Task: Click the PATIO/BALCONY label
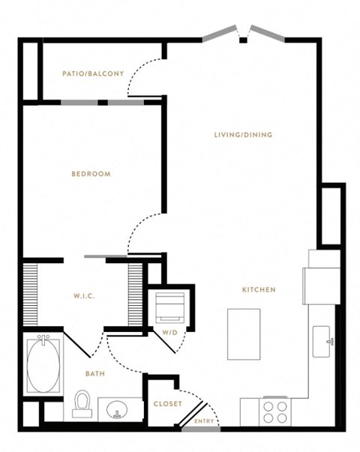[x=93, y=73]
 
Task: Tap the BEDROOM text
[x=91, y=174]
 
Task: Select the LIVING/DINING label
[x=244, y=135]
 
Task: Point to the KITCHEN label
[x=259, y=289]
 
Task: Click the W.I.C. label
[x=84, y=296]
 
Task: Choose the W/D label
[x=170, y=333]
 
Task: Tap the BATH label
[x=95, y=374]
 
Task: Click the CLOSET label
[x=168, y=404]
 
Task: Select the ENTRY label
[x=204, y=421]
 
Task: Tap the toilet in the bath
[x=82, y=403]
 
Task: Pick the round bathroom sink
[x=117, y=409]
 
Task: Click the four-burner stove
[x=275, y=412]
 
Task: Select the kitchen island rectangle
[x=244, y=334]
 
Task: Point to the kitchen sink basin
[x=322, y=342]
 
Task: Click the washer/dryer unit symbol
[x=170, y=308]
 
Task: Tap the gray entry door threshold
[x=201, y=430]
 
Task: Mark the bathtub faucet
[x=43, y=339]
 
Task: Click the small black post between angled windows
[x=244, y=40]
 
